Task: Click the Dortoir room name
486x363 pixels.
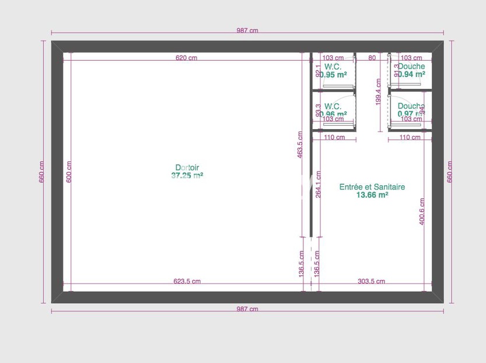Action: [x=187, y=168]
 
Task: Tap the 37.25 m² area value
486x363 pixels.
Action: [x=187, y=175]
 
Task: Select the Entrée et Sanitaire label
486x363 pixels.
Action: [x=372, y=187]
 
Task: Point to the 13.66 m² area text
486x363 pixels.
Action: [x=372, y=195]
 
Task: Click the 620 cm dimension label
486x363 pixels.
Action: [x=187, y=58]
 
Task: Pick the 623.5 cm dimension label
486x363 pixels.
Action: [x=187, y=281]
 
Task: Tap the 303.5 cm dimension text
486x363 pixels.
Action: [x=371, y=281]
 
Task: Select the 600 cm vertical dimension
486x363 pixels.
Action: [x=69, y=172]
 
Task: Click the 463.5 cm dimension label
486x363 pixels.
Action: [x=300, y=145]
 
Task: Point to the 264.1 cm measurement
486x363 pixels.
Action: [x=318, y=185]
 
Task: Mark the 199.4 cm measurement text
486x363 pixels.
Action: [x=379, y=92]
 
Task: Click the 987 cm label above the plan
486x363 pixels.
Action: [x=247, y=31]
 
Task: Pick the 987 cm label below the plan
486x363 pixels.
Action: [x=247, y=309]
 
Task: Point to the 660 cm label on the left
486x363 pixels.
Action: [x=42, y=172]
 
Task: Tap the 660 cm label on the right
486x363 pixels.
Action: [x=449, y=172]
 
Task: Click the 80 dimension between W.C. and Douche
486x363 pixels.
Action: [x=372, y=58]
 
